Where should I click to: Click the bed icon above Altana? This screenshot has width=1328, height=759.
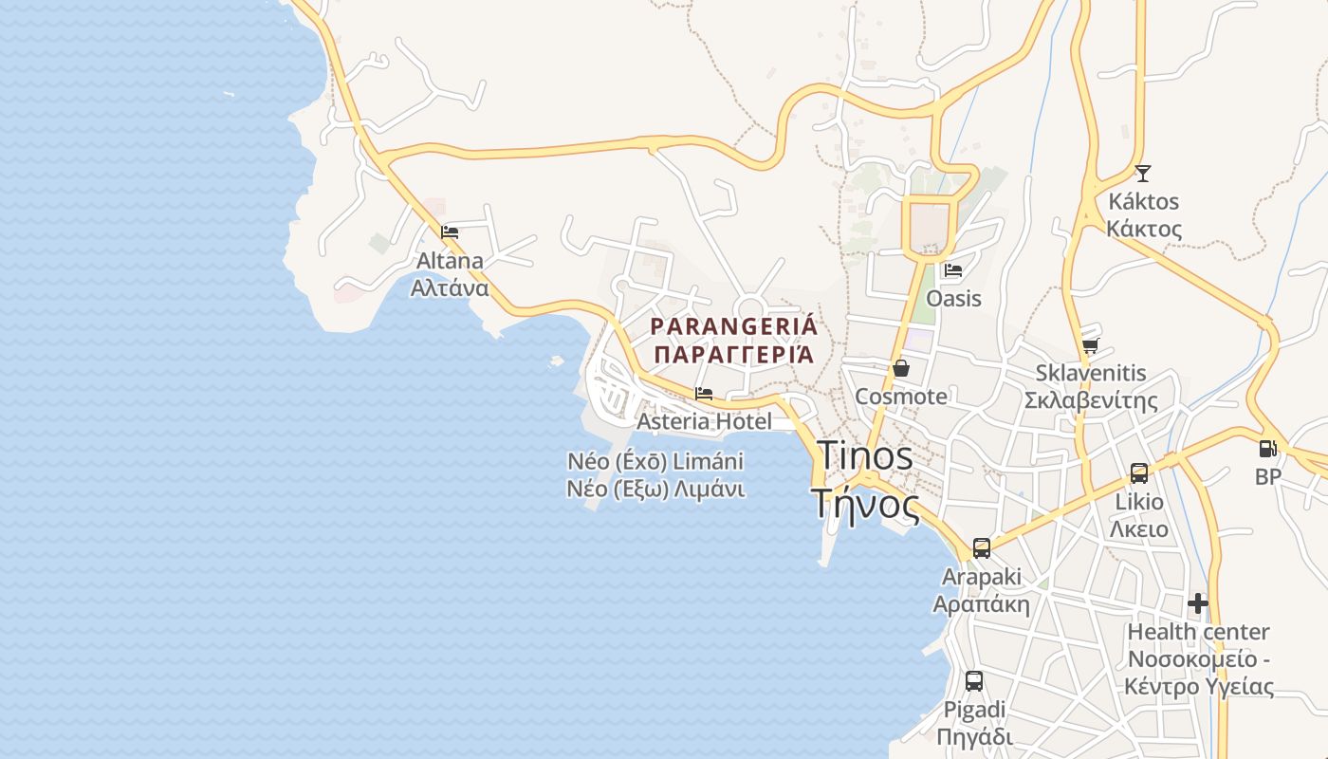pyautogui.click(x=451, y=231)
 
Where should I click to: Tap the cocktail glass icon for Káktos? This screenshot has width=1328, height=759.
pyautogui.click(x=1143, y=173)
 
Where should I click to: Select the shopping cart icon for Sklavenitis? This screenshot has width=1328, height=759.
pyautogui.click(x=1090, y=346)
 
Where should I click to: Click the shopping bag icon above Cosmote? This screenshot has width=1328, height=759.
pyautogui.click(x=901, y=368)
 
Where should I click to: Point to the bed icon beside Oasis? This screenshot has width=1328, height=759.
pyautogui.click(x=953, y=270)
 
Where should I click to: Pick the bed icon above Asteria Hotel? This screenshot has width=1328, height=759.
pyautogui.click(x=704, y=393)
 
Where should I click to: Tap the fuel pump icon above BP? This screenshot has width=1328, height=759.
pyautogui.click(x=1268, y=449)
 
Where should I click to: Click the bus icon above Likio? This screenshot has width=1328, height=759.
pyautogui.click(x=1139, y=472)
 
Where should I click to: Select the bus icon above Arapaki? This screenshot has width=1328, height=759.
pyautogui.click(x=982, y=547)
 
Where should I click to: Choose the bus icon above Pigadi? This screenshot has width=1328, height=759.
pyautogui.click(x=974, y=680)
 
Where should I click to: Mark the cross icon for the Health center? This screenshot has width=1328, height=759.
pyautogui.click(x=1198, y=602)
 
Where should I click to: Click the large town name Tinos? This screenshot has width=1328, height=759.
pyautogui.click(x=864, y=455)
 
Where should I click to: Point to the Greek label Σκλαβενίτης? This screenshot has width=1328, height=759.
pyautogui.click(x=1091, y=400)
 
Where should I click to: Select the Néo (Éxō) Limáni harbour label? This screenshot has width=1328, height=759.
pyautogui.click(x=655, y=462)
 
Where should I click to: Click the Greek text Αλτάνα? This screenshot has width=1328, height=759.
pyautogui.click(x=450, y=287)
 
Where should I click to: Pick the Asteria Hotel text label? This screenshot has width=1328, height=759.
pyautogui.click(x=705, y=420)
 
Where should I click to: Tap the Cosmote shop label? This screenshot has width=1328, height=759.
pyautogui.click(x=901, y=397)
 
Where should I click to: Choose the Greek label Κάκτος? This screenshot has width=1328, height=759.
pyautogui.click(x=1144, y=230)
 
